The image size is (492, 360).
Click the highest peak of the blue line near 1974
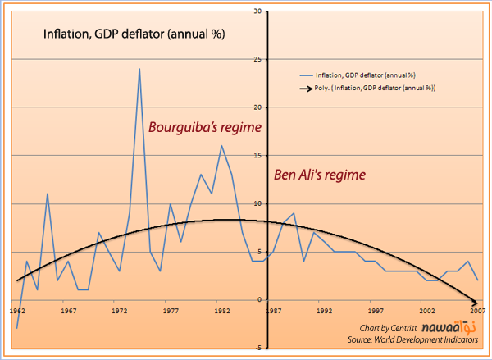[139, 69]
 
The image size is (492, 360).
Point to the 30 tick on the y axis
[257, 11]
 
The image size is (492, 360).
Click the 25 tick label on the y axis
[257, 59]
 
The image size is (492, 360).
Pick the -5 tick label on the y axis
[257, 348]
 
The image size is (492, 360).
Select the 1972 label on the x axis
[120, 311]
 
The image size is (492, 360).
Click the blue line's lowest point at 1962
[17, 328]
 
